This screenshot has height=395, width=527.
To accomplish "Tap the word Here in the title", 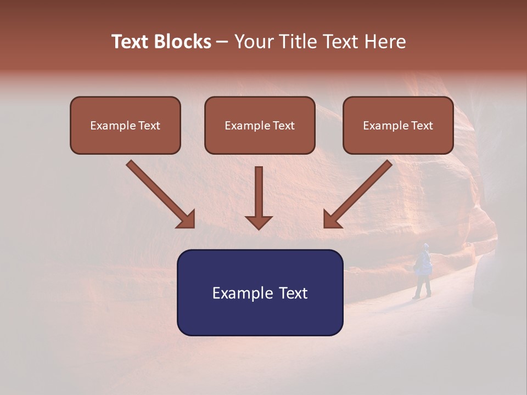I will click(x=383, y=42).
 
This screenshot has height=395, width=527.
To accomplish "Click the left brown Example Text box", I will click(x=125, y=125).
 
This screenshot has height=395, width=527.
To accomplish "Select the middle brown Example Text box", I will click(x=260, y=125).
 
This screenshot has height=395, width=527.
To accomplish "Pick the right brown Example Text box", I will click(x=398, y=125).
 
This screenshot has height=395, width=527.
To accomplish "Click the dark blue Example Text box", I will click(x=260, y=292).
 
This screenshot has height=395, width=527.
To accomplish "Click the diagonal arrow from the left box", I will click(x=159, y=193).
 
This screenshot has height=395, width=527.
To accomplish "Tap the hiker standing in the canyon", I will click(x=423, y=270).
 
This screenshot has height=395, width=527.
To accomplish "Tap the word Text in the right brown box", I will click(x=422, y=126).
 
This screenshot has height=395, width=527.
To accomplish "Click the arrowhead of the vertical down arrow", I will click(x=259, y=222).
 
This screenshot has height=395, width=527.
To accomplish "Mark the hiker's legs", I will click(x=422, y=286).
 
